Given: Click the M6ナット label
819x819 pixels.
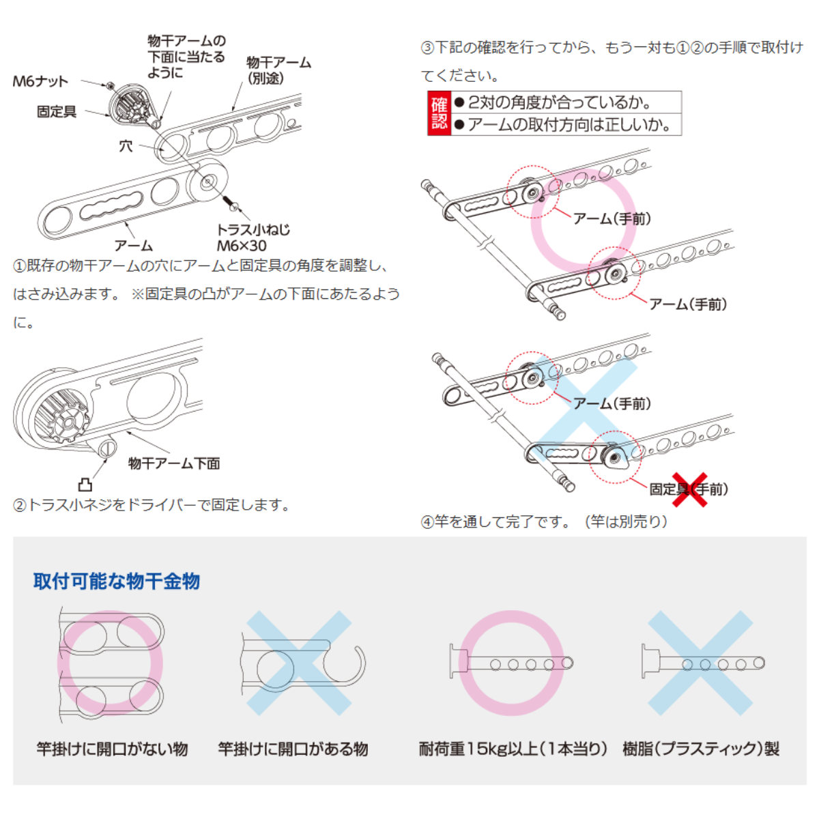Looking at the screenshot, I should pyautogui.click(x=40, y=81).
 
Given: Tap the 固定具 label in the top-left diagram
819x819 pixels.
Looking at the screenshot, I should pyautogui.click(x=57, y=111).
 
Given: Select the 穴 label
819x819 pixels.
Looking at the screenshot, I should pyautogui.click(x=126, y=145).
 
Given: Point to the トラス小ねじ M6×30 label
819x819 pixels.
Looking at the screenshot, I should pyautogui.click(x=252, y=238).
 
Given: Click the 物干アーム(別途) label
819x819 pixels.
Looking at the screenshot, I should pyautogui.click(x=278, y=70).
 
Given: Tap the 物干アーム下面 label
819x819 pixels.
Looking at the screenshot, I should pyautogui.click(x=174, y=463).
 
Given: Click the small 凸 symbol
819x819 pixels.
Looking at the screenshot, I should pyautogui.click(x=85, y=485).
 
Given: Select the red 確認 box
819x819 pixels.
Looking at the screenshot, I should pyautogui.click(x=439, y=113).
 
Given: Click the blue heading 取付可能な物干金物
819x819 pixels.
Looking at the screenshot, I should pyautogui.click(x=117, y=581).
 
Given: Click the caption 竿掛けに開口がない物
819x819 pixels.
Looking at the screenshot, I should pyautogui.click(x=112, y=749).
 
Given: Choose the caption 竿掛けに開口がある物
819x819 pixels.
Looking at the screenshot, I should pyautogui.click(x=293, y=749).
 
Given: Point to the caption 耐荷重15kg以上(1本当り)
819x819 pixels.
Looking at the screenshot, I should pyautogui.click(x=513, y=749).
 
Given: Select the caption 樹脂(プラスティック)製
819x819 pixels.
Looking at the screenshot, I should pyautogui.click(x=700, y=749).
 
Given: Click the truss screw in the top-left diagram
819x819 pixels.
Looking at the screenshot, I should pyautogui.click(x=230, y=202).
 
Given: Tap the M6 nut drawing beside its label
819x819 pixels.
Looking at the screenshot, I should pyautogui.click(x=109, y=85).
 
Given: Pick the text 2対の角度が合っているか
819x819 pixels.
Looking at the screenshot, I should pyautogui.click(x=560, y=102).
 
